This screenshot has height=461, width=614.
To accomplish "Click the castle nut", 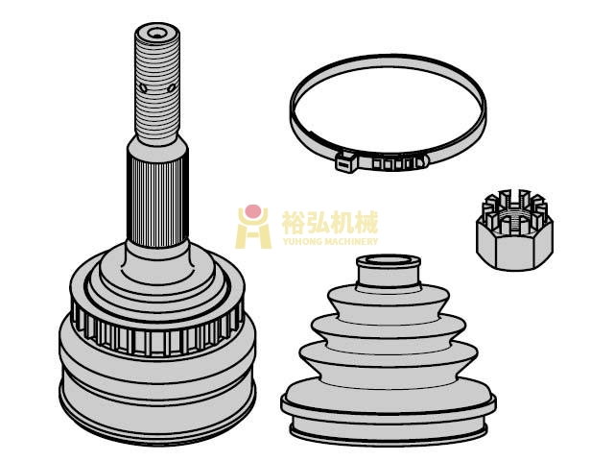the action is [x=514, y=230].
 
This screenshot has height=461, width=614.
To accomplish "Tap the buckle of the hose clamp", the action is [x=345, y=161].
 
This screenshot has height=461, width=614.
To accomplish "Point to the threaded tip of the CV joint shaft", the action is [x=157, y=84].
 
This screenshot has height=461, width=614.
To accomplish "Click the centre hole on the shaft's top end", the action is [x=157, y=35].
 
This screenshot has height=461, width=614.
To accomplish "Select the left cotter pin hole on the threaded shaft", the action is [x=143, y=88].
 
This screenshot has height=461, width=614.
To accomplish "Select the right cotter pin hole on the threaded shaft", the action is [x=172, y=88].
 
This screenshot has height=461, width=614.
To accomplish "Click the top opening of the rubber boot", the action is [x=388, y=260].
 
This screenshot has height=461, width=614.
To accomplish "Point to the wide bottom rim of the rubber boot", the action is [x=389, y=405].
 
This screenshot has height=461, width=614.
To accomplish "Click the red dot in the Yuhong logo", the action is [x=253, y=210].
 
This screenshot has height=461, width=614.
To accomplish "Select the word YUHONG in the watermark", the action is [x=302, y=241].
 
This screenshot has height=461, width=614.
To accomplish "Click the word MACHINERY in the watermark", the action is [x=351, y=241].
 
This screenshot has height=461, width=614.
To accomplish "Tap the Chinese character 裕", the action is [x=294, y=222].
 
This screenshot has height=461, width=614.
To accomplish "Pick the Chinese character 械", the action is [x=366, y=222].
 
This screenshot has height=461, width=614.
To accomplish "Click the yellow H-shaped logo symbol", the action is [x=253, y=229].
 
